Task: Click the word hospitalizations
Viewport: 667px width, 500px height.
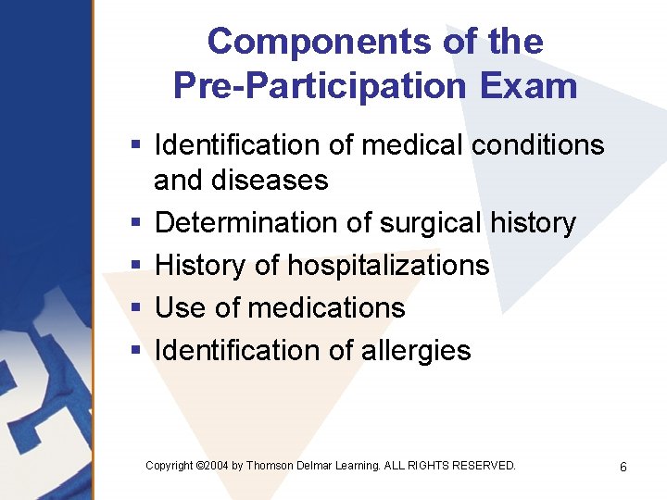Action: (388, 266)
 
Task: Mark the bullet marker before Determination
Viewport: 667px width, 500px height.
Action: (135, 224)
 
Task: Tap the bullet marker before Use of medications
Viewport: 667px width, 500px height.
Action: (135, 308)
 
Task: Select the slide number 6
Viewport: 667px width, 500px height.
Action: (623, 467)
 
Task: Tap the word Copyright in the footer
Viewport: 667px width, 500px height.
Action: (170, 466)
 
